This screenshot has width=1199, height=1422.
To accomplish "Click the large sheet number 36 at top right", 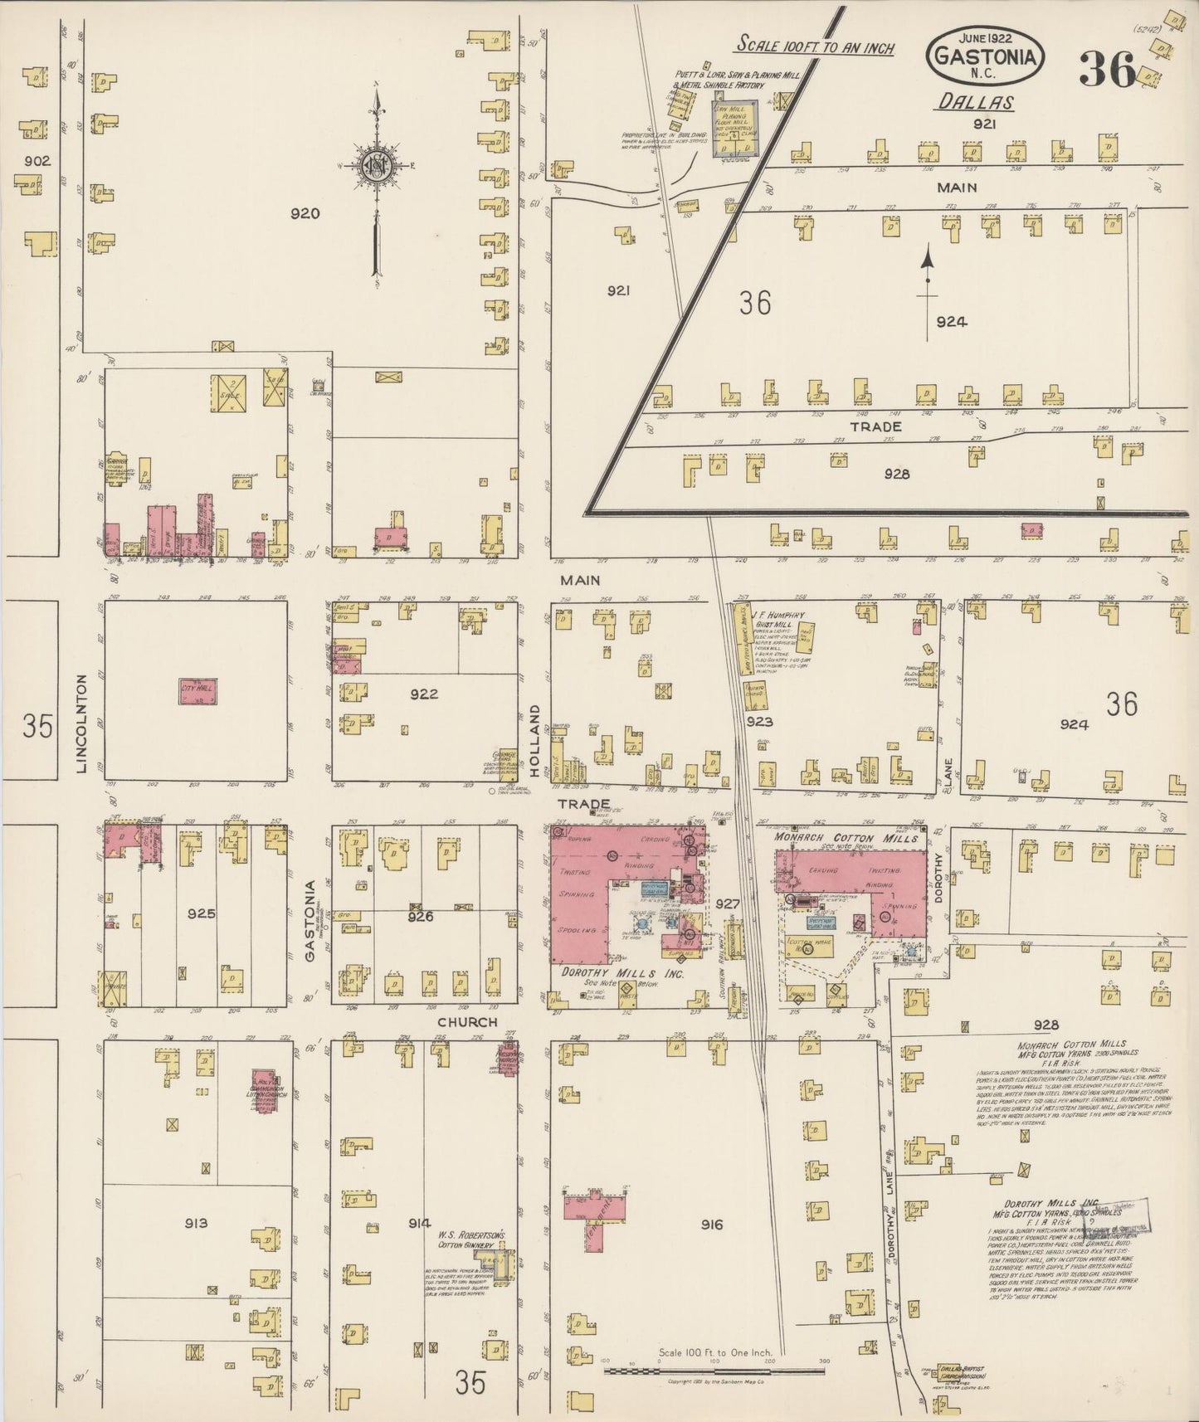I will [x=1106, y=69].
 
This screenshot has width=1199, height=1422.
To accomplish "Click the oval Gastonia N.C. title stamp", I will [x=985, y=56].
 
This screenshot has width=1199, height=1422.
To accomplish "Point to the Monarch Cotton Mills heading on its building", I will [x=846, y=838].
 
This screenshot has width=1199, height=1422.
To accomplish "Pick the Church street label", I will [x=467, y=1022].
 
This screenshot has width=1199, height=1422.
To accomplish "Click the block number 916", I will [x=712, y=1225].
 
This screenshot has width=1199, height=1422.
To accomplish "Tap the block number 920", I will [x=305, y=213].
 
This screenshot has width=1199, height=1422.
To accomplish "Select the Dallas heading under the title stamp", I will [x=977, y=103].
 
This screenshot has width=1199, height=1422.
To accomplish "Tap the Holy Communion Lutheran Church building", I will [x=264, y=1090].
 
